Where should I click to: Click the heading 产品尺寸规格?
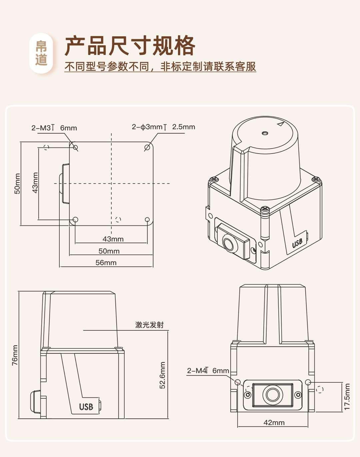coord(130,46)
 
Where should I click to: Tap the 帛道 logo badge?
coord(41,53)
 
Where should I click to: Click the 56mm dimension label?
coord(106,262)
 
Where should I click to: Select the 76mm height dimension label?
coord(15,355)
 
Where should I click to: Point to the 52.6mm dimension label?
coord(162,375)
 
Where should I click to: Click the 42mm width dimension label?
coord(274,422)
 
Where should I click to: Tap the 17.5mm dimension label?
coord(347,396)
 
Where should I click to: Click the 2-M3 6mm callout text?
coord(54,128)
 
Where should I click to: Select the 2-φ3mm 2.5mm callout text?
coord(163,127)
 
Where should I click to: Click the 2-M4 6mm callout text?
coord(208,370)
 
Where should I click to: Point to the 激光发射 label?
coord(149,325)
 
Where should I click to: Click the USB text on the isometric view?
coord(297,243)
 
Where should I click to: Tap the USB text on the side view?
coord(86,407)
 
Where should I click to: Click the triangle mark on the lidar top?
coord(280,124)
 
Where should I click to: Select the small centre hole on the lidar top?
coord(265,133)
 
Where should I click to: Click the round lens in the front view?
coord(273,395)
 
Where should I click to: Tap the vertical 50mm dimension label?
coord(17,184)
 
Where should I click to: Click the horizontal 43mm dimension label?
coord(113,239)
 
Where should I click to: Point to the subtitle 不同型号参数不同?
coord(107,67)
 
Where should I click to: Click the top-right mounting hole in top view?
coord(147,147)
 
